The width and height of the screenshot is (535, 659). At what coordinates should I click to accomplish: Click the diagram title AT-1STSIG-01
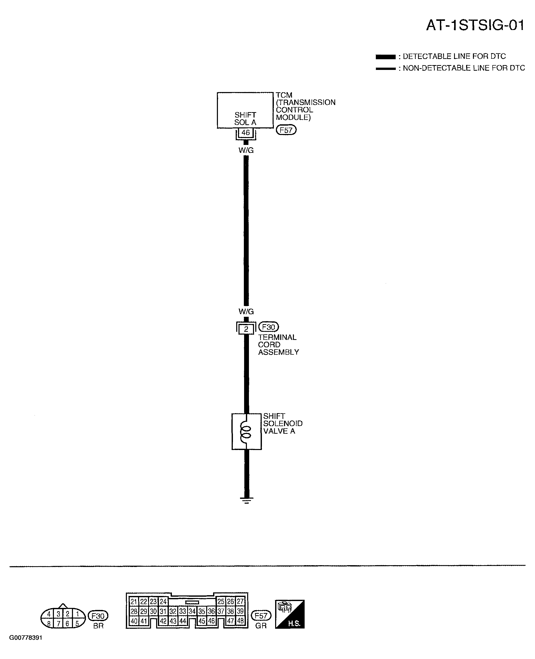pos(475,25)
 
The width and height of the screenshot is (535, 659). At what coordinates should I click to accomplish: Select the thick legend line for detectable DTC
pos(385,57)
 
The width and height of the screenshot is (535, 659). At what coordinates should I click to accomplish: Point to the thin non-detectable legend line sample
pos(385,68)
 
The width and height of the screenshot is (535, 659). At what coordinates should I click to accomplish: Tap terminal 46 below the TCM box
pos(246,133)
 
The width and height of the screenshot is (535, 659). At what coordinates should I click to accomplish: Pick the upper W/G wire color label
pos(246,150)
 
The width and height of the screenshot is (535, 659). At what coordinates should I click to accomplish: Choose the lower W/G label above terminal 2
pos(246,311)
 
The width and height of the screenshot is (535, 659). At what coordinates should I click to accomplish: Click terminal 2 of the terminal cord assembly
pos(246,329)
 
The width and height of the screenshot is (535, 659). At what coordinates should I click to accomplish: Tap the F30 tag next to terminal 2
pos(269,327)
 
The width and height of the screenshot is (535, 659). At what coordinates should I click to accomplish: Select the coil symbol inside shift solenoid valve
pos(246,432)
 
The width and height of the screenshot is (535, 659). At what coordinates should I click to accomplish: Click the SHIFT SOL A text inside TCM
pos(245,119)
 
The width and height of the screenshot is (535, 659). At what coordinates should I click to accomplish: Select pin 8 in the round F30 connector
pos(49,624)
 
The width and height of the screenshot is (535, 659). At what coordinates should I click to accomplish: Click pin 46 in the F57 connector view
pos(211,621)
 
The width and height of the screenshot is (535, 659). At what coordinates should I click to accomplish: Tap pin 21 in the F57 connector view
pos(134,601)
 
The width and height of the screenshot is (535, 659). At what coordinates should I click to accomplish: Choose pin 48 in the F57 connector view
pos(240,621)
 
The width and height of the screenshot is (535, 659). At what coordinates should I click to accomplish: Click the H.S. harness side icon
pos(290,614)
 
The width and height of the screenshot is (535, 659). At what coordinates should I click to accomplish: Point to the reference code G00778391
pos(26,637)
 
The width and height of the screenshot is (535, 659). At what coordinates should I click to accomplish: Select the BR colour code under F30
pos(98,626)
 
